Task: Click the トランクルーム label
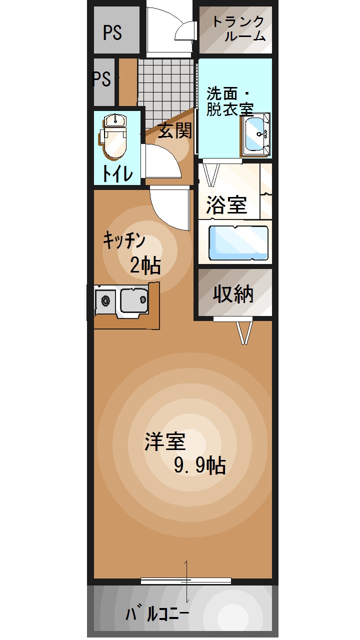[237, 28]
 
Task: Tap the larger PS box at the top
[113, 32]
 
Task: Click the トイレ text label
[117, 173]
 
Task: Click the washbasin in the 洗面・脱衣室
[256, 134]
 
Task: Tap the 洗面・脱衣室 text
[229, 101]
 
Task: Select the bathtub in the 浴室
[238, 243]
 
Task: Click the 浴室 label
[227, 205]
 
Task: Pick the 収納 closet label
[233, 294]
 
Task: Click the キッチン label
[124, 240]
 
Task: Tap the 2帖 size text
[145, 265]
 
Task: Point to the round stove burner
[105, 301]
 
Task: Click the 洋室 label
[165, 441]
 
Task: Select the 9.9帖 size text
[199, 466]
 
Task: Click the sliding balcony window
[185, 581]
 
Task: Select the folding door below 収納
[243, 331]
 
